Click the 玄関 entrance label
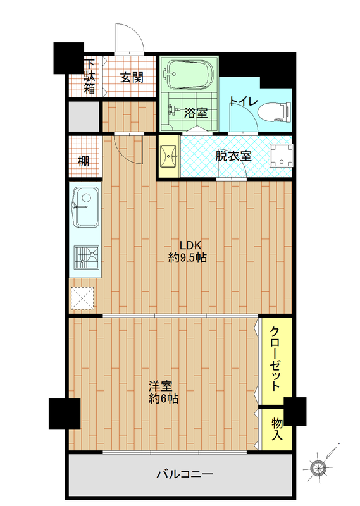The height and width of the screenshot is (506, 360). tap(132, 77)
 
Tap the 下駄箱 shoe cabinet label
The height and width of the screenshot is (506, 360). tap(89, 76)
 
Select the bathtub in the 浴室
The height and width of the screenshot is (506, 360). tap(190, 75)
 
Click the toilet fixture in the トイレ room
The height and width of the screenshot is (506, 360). tap(274, 112)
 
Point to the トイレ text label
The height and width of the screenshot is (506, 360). tap(244, 101)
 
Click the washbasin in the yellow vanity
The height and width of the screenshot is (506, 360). tap(169, 156)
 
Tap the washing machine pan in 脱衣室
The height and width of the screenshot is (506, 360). tap(282, 156)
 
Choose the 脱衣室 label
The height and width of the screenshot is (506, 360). tap(233, 156)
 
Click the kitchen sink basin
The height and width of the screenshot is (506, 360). tap(86, 207)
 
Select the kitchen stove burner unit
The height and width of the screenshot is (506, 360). tap(86, 257)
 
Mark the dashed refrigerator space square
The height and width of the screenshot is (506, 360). tap(82, 298)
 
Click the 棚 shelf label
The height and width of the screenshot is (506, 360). tap(84, 161)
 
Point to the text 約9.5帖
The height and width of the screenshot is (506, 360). tap(187, 258)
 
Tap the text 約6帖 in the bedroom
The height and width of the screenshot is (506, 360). tap(163, 399)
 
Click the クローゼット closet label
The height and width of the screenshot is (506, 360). tap(275, 359)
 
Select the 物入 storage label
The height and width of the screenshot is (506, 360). tap(277, 429)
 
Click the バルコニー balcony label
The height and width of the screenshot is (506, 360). tap(185, 474)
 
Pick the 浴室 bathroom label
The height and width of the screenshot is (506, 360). tap(196, 113)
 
